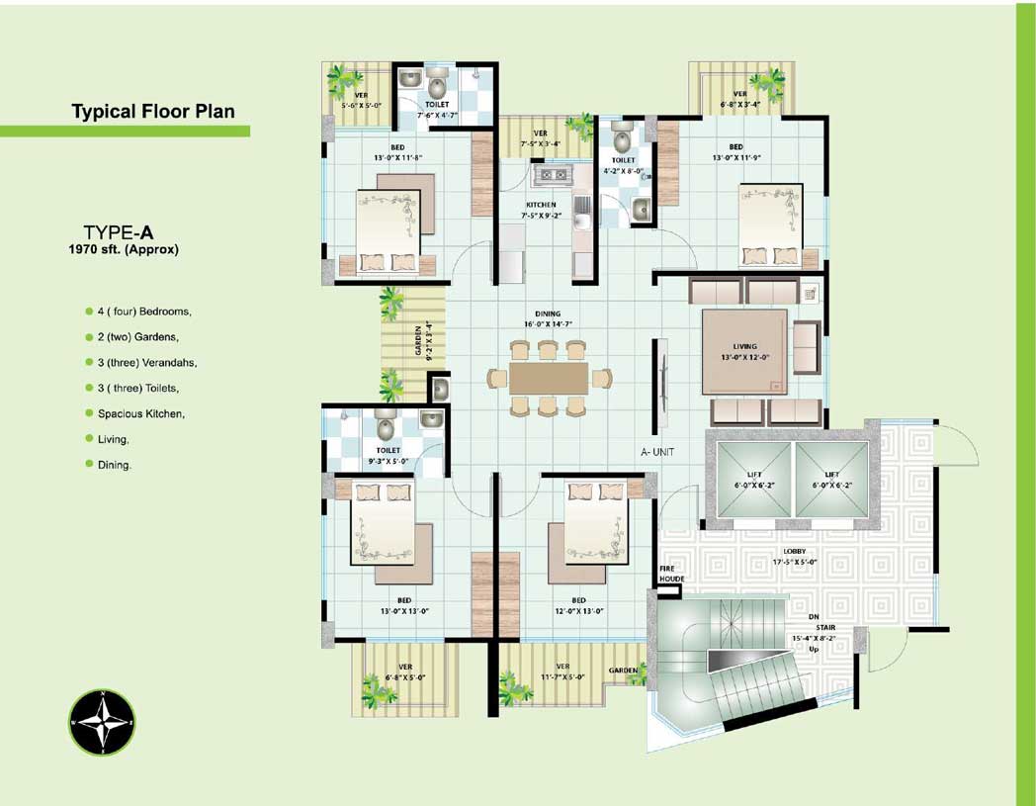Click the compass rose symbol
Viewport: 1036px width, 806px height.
point(102,723)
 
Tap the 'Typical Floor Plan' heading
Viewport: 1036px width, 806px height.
point(153,111)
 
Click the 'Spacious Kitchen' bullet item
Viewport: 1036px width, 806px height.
point(139,413)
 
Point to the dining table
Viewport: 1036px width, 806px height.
point(549,378)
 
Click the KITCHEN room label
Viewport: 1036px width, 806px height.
point(541,206)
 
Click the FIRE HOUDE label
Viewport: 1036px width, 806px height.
point(672,574)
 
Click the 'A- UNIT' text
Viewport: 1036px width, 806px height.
point(657,452)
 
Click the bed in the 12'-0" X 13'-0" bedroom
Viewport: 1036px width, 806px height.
point(596,525)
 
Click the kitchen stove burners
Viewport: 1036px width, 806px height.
point(550,177)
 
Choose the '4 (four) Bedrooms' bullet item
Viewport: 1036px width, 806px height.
point(143,312)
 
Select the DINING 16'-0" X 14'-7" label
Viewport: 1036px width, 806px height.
point(548,318)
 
